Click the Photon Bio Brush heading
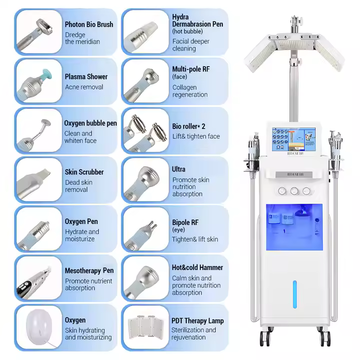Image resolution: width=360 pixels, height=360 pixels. click(x=89, y=24)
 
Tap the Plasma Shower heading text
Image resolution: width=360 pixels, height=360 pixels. click(x=86, y=76)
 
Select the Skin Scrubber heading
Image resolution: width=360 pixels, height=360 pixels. click(x=84, y=172)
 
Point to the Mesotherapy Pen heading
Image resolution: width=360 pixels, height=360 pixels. click(x=89, y=270)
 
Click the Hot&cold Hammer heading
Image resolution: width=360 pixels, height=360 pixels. click(x=197, y=267)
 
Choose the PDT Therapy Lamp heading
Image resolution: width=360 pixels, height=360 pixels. click(x=197, y=321)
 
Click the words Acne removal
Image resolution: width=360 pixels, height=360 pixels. click(x=84, y=87)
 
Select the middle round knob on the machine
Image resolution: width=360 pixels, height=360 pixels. click(x=293, y=191)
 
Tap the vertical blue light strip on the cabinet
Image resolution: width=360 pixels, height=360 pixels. click(x=294, y=295)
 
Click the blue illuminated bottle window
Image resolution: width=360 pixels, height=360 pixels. click(x=293, y=227)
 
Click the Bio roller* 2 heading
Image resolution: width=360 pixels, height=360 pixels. click(x=189, y=126)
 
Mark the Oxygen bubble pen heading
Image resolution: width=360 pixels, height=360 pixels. click(x=90, y=123)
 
